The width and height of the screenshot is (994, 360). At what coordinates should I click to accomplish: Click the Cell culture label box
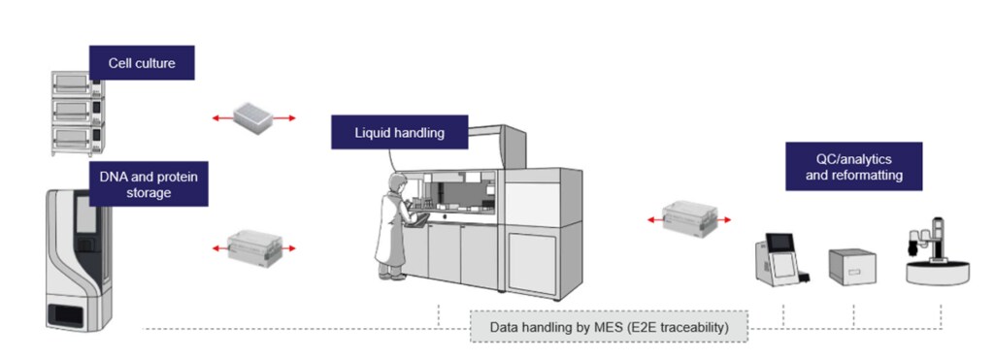point(142,62)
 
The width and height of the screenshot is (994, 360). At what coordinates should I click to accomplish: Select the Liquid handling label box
point(399,133)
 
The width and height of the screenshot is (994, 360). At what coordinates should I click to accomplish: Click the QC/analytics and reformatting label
point(853,167)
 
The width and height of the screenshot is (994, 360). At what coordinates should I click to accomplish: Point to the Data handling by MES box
point(609,327)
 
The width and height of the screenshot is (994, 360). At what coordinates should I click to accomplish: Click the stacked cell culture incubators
point(77,112)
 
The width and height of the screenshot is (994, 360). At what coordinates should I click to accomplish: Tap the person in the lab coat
point(394,230)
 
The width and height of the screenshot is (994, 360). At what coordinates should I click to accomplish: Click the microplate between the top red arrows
point(254,116)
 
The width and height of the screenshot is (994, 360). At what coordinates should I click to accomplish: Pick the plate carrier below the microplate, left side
point(253,245)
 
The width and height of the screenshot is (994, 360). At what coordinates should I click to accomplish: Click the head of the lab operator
point(395,183)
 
